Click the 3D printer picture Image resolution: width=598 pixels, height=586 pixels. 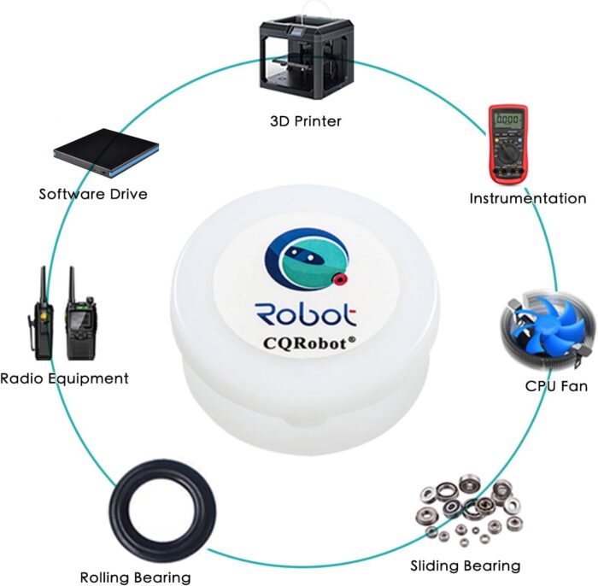pos(307,53)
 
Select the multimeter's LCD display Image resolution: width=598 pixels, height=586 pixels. pos(507,119)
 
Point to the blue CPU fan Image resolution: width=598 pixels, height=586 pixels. pos(548,329)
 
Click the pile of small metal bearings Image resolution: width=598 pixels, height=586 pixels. pos(470,509)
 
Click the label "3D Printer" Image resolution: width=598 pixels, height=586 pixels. pos(305,121)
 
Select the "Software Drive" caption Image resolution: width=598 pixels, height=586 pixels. pos(93,194)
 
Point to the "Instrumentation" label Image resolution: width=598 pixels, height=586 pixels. pos(527,199)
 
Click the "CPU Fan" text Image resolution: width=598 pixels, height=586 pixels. pos(556,386)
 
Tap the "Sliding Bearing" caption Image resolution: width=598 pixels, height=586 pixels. pos(466,565)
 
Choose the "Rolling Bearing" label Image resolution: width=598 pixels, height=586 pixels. pos(135,577)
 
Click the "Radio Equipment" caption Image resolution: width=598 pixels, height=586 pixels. pos(64,378)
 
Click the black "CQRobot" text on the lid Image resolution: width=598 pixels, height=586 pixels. pos(305,343)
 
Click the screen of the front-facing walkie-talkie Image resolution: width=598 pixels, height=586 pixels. pos(80,318)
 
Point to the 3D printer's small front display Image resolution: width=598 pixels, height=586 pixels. pos(296,32)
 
